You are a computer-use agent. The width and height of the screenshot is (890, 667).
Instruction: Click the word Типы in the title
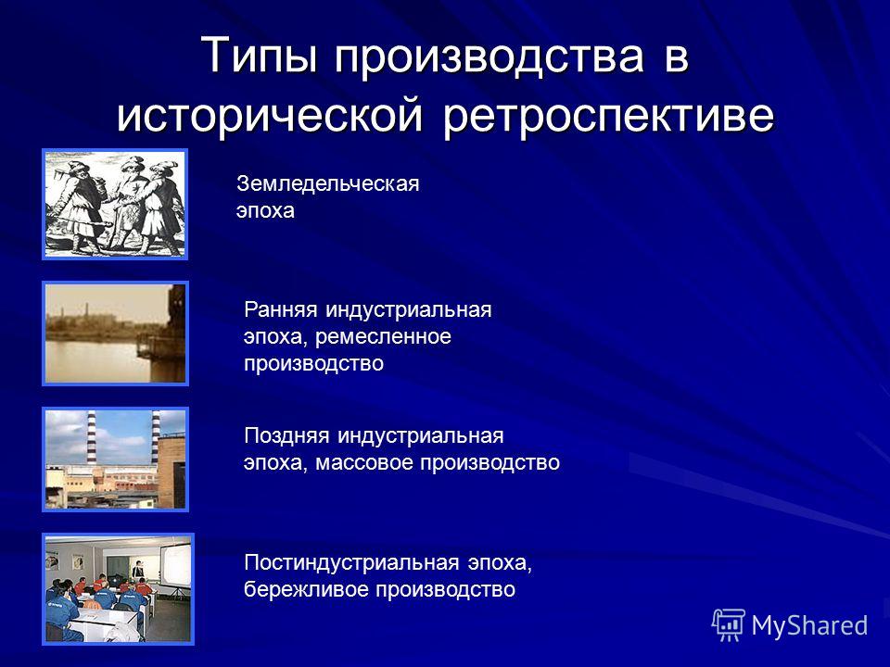point(259,56)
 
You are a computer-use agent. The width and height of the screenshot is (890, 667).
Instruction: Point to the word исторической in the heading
point(270,116)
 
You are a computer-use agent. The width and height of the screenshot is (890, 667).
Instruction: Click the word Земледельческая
point(328,183)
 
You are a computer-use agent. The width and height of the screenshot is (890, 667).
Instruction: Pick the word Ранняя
point(280,309)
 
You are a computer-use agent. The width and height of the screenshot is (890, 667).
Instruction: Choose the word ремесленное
point(383,337)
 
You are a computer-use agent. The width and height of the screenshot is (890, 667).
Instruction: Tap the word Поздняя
point(286,435)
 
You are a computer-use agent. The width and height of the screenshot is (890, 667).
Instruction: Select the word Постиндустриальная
point(351,562)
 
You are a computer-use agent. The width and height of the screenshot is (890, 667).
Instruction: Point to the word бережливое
point(307,589)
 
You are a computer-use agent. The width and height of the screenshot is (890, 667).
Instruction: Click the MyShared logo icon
point(729,625)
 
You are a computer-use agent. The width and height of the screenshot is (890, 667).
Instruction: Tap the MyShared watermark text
point(809,625)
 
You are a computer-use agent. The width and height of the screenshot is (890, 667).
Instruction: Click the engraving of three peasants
point(115,204)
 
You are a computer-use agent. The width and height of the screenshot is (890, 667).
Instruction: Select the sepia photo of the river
point(115,333)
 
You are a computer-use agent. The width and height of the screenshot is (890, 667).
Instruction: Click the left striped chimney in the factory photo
point(92,438)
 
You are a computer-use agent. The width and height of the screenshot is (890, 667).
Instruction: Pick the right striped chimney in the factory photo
point(155,438)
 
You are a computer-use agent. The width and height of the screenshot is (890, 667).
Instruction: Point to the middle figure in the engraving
point(127,204)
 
